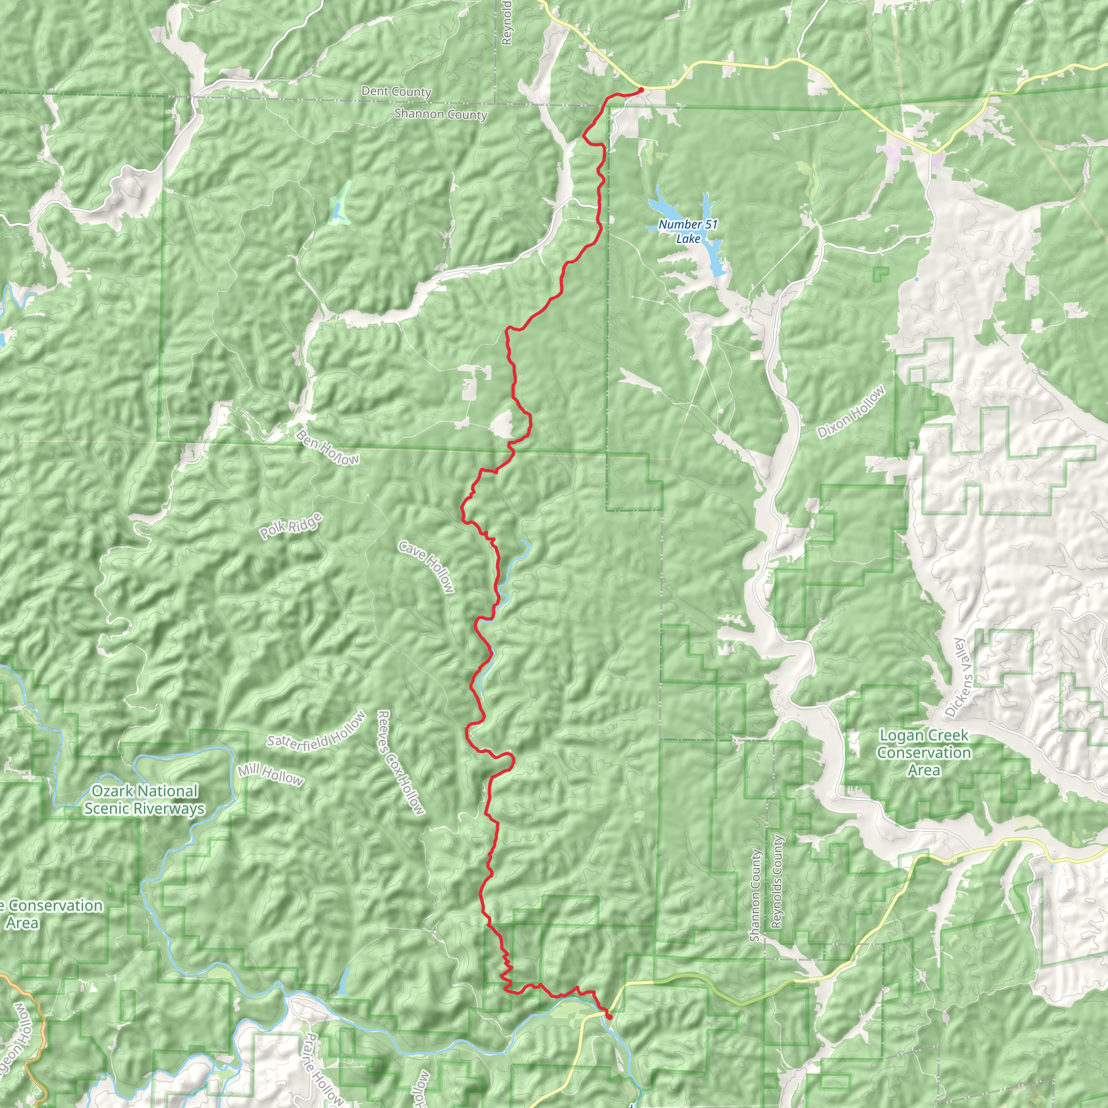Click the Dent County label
click(395, 91)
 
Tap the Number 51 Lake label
click(688, 232)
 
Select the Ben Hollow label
click(327, 448)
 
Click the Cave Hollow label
click(427, 566)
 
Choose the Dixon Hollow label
click(851, 412)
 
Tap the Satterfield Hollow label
click(316, 732)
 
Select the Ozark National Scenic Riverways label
click(144, 800)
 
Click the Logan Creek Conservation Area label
click(924, 753)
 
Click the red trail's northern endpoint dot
click(641, 89)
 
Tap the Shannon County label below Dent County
click(440, 114)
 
